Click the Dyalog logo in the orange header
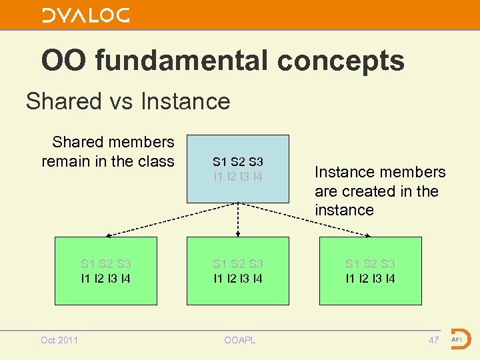click(85, 15)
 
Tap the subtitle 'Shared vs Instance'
click(127, 101)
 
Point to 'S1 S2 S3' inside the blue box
click(238, 162)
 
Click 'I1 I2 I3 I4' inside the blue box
click(238, 177)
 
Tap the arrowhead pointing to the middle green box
click(238, 234)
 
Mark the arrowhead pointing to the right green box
click(369, 235)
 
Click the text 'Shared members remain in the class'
click(109, 151)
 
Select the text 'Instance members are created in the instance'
click(379, 191)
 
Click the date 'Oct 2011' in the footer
click(59, 340)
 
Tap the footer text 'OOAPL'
click(239, 340)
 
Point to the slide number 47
click(433, 340)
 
